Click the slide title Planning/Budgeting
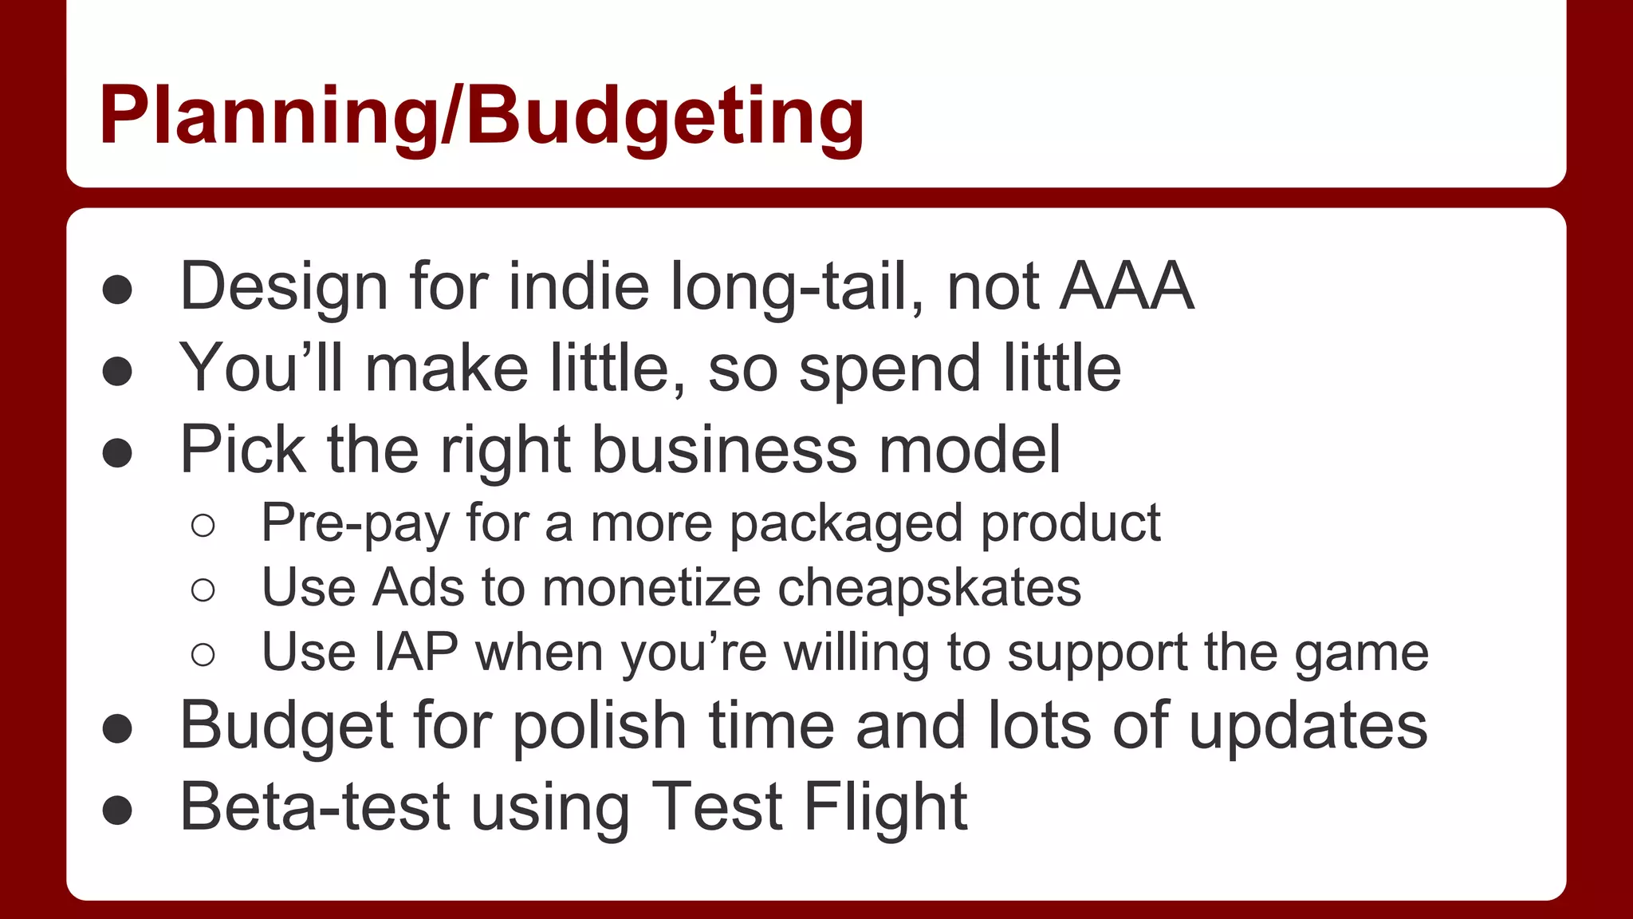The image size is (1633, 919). coord(482,116)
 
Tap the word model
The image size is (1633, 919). coord(969,449)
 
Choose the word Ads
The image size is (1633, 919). coord(419,588)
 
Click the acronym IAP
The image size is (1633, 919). coord(415,653)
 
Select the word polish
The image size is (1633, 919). coord(599,727)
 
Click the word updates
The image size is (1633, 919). coord(1308,727)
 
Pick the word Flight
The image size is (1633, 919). coord(885,807)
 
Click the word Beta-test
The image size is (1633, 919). coord(315,807)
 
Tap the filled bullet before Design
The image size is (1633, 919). coord(117,290)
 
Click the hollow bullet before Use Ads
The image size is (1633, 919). coord(203,590)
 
